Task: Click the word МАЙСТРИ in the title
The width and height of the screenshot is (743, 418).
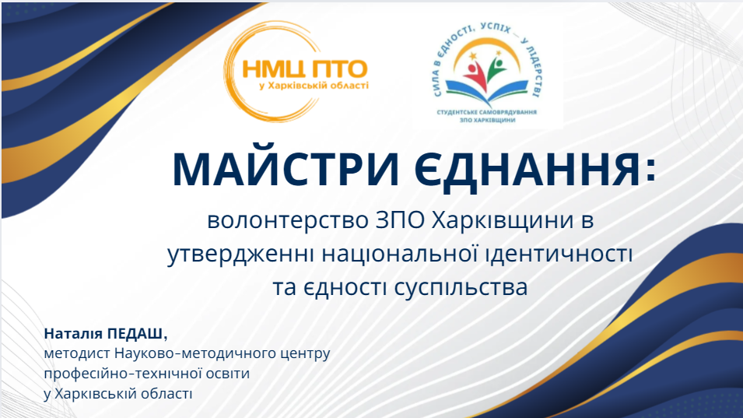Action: point(286,170)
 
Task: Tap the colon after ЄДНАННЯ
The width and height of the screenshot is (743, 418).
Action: point(651,170)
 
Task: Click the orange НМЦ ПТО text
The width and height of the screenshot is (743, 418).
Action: point(305,69)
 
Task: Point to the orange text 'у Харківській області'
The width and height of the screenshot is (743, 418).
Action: point(314,86)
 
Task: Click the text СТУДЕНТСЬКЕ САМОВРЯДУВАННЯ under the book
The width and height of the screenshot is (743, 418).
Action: point(487,112)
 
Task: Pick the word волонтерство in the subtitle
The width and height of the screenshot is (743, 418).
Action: point(288,221)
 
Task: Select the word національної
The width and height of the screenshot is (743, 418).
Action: point(399,254)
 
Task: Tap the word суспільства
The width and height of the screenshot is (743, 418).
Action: point(461,287)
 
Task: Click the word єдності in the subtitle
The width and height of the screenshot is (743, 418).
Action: point(345,287)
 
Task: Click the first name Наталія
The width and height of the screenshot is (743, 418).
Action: point(73,334)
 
